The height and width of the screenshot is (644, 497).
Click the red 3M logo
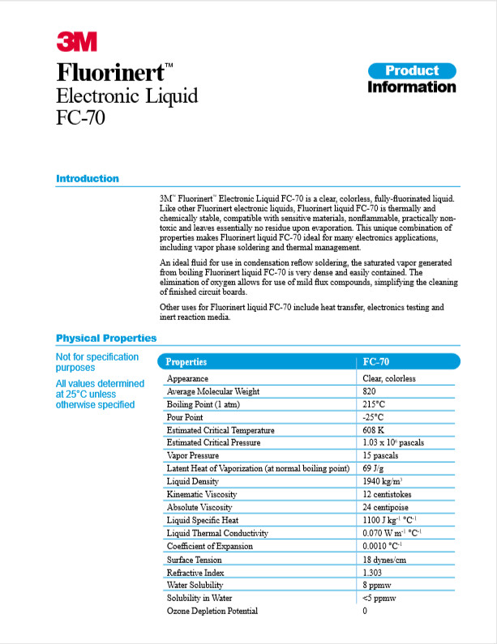pyautogui.click(x=77, y=41)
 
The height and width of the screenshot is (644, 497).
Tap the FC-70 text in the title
pyautogui.click(x=80, y=118)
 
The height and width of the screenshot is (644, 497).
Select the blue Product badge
pyautogui.click(x=411, y=70)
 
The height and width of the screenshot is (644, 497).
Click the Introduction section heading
pyautogui.click(x=88, y=178)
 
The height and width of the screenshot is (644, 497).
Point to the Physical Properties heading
pyautogui.click(x=106, y=338)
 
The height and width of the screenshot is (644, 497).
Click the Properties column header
pyautogui.click(x=186, y=362)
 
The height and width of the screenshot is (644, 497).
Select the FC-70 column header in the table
pyautogui.click(x=376, y=362)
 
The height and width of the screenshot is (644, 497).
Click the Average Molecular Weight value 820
pyautogui.click(x=371, y=391)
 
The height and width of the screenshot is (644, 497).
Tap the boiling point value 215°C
pyautogui.click(x=374, y=404)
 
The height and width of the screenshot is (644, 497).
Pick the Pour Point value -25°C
pyautogui.click(x=373, y=417)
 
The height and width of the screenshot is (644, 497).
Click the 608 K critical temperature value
pyautogui.click(x=374, y=430)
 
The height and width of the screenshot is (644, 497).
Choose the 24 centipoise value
pyautogui.click(x=386, y=507)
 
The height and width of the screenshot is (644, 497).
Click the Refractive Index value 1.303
pyautogui.click(x=373, y=572)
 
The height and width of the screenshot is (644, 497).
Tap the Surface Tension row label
pyautogui.click(x=195, y=559)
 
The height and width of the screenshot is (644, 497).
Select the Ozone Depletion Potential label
pyautogui.click(x=212, y=611)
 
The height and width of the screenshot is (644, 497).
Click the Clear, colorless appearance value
pyautogui.click(x=389, y=378)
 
